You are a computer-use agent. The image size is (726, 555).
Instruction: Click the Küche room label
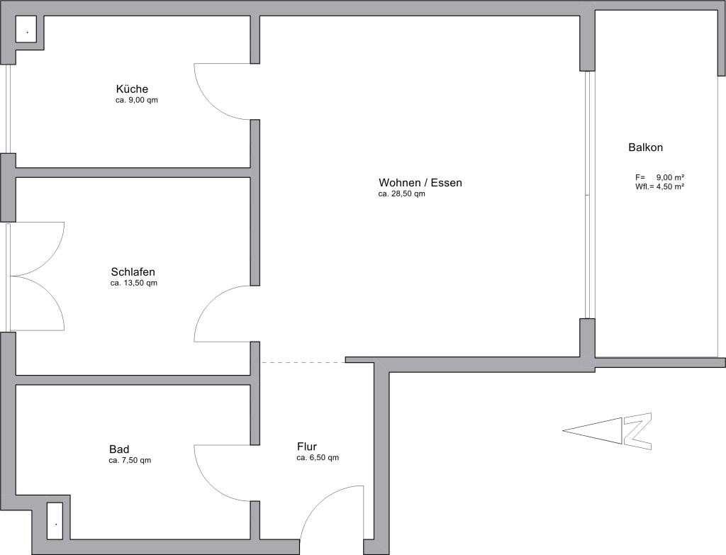pyautogui.click(x=132, y=89)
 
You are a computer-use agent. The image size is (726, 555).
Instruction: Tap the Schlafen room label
pyautogui.click(x=133, y=271)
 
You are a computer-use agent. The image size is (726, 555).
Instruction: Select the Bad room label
pyautogui.click(x=119, y=449)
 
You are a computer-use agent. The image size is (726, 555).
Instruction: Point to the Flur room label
pyautogui.click(x=307, y=447)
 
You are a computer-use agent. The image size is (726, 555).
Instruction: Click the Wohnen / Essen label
pyautogui.click(x=420, y=183)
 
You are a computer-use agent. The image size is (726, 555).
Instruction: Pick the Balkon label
pyautogui.click(x=645, y=147)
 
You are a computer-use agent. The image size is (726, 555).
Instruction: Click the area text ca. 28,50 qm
pyautogui.click(x=401, y=194)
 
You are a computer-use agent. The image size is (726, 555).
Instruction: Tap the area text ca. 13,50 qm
pyautogui.click(x=134, y=283)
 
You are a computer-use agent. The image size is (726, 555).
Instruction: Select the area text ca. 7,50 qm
pyautogui.click(x=130, y=461)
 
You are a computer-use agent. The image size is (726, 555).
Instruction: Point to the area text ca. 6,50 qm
pyautogui.click(x=318, y=458)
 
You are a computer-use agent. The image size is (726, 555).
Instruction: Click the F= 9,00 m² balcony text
pyautogui.click(x=660, y=177)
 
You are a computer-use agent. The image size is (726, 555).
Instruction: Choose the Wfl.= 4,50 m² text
pyautogui.click(x=660, y=186)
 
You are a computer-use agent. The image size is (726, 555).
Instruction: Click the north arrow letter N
pyautogui.click(x=637, y=431)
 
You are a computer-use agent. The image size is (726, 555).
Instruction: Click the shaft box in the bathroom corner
pyautogui.click(x=55, y=521)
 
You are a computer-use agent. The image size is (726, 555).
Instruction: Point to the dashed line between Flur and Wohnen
pyautogui.click(x=303, y=362)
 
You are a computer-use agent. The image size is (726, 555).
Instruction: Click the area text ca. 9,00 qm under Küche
pyautogui.click(x=137, y=100)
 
